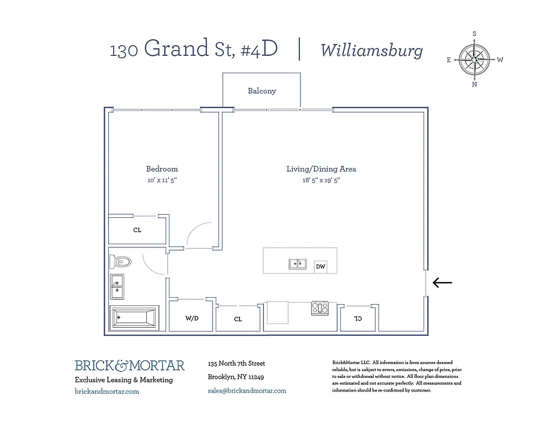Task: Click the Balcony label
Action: tap(262, 91)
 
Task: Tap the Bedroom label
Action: tap(162, 169)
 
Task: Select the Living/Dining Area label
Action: tap(321, 169)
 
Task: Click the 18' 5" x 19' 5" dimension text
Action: tap(321, 180)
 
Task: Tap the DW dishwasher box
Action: tap(320, 267)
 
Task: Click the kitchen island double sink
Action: tap(298, 264)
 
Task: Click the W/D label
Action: tap(192, 319)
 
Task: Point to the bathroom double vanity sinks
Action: tap(117, 286)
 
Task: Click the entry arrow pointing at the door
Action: tap(442, 283)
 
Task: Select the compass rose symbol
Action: tap(474, 59)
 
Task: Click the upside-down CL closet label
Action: tap(358, 318)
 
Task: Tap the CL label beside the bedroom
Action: tap(137, 230)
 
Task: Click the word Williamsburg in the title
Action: tap(371, 51)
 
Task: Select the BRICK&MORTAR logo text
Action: tap(129, 365)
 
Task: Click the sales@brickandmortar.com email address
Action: tap(247, 390)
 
